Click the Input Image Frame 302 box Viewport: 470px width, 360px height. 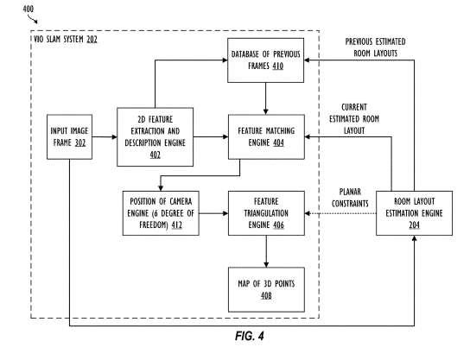pos(69,136)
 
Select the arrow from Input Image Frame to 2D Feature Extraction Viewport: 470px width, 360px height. pos(104,136)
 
